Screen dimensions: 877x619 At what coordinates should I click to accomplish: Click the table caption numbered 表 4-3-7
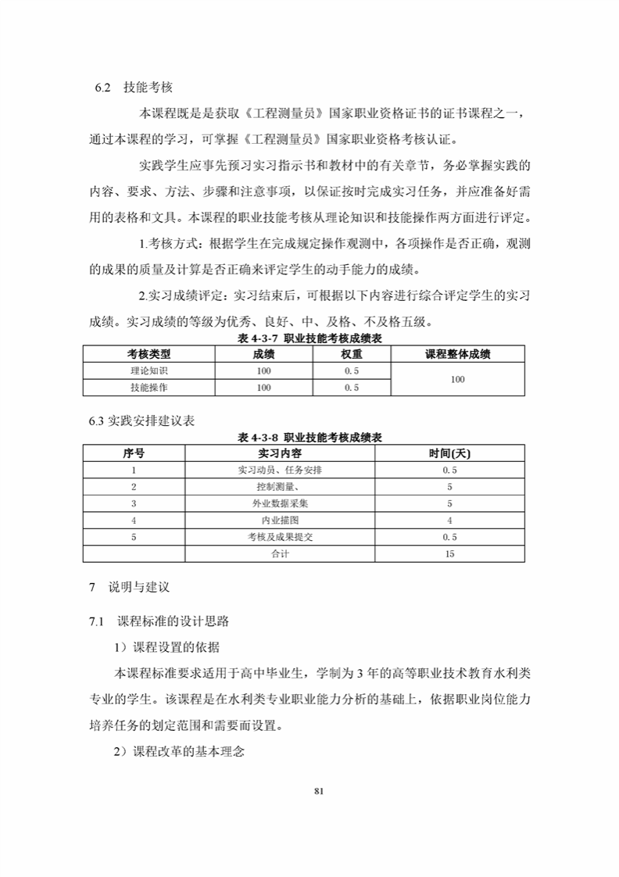309,338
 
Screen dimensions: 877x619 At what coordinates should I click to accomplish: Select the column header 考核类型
148,354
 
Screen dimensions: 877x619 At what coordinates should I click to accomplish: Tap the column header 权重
351,354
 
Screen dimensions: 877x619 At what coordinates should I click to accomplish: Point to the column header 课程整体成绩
457,354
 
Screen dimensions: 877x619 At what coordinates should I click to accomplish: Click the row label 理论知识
148,370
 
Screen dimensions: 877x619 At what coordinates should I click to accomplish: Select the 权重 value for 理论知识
351,370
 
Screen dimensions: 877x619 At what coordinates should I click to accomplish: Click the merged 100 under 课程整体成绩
457,379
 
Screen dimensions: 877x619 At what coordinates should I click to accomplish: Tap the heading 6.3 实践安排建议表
141,421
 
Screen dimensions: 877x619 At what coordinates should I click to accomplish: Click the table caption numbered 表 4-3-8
309,437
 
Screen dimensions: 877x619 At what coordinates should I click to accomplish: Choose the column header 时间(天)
449,453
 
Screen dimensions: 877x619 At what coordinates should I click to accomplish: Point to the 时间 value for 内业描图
449,520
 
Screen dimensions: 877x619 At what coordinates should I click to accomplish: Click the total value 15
449,553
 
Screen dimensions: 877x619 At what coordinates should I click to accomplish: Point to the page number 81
318,790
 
